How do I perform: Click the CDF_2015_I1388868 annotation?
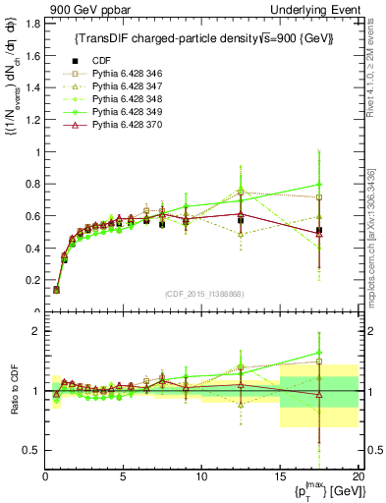click(x=203, y=294)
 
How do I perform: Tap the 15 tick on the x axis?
click(x=280, y=477)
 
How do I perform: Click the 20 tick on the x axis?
click(x=358, y=477)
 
